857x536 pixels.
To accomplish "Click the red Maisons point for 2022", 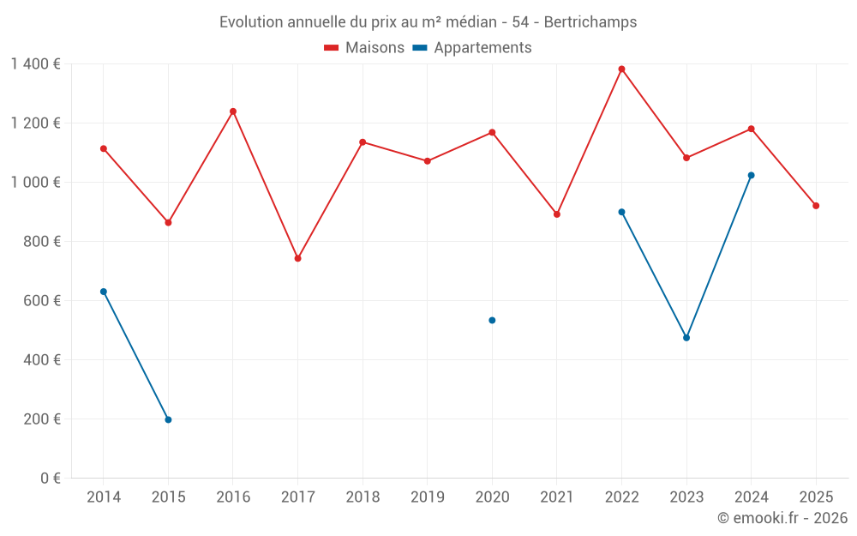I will coord(621,69).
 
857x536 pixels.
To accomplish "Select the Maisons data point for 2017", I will coord(297,258).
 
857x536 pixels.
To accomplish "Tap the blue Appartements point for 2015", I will coord(168,419).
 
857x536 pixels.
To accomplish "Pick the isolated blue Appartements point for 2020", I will coord(492,320).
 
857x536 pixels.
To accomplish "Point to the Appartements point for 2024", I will coord(751,175).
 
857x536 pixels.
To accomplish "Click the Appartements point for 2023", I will coord(686,338).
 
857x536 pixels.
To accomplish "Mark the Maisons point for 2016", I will coord(233,111).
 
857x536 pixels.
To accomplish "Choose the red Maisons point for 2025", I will coord(816,206).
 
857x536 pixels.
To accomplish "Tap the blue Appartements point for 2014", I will coord(104,292).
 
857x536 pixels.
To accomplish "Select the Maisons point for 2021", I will coord(557,214).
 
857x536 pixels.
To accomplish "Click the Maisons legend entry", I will coord(364,48).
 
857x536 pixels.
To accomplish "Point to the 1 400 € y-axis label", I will coord(35,64).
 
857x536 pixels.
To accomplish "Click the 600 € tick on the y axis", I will coord(44,301).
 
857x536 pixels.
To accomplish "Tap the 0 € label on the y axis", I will coord(50,479).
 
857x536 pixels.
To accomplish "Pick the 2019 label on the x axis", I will coord(427,497).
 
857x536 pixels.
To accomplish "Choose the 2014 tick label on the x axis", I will coord(104,497).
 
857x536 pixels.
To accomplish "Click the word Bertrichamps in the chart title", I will coord(590,22).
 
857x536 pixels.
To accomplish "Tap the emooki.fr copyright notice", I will coord(782,518).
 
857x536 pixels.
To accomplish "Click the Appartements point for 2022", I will coord(621,212).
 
